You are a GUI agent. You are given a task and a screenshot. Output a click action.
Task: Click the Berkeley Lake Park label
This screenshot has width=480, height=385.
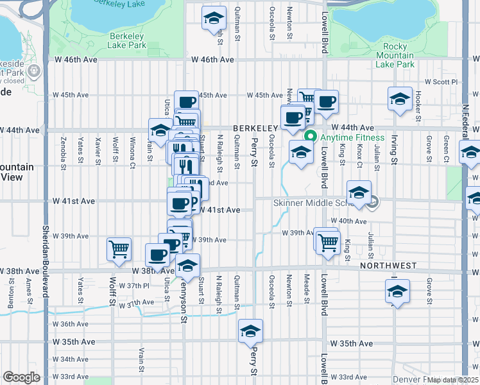pyautogui.click(x=127, y=40)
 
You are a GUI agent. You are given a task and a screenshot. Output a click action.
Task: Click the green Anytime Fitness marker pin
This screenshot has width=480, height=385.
pyautogui.click(x=311, y=137)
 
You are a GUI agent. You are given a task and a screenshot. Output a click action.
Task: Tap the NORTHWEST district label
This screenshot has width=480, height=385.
pyautogui.click(x=388, y=265)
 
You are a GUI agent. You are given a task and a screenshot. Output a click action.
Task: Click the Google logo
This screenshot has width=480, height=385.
pyautogui.click(x=21, y=377)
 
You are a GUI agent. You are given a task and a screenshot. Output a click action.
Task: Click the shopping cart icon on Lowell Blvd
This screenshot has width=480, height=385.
pyautogui.click(x=327, y=242)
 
